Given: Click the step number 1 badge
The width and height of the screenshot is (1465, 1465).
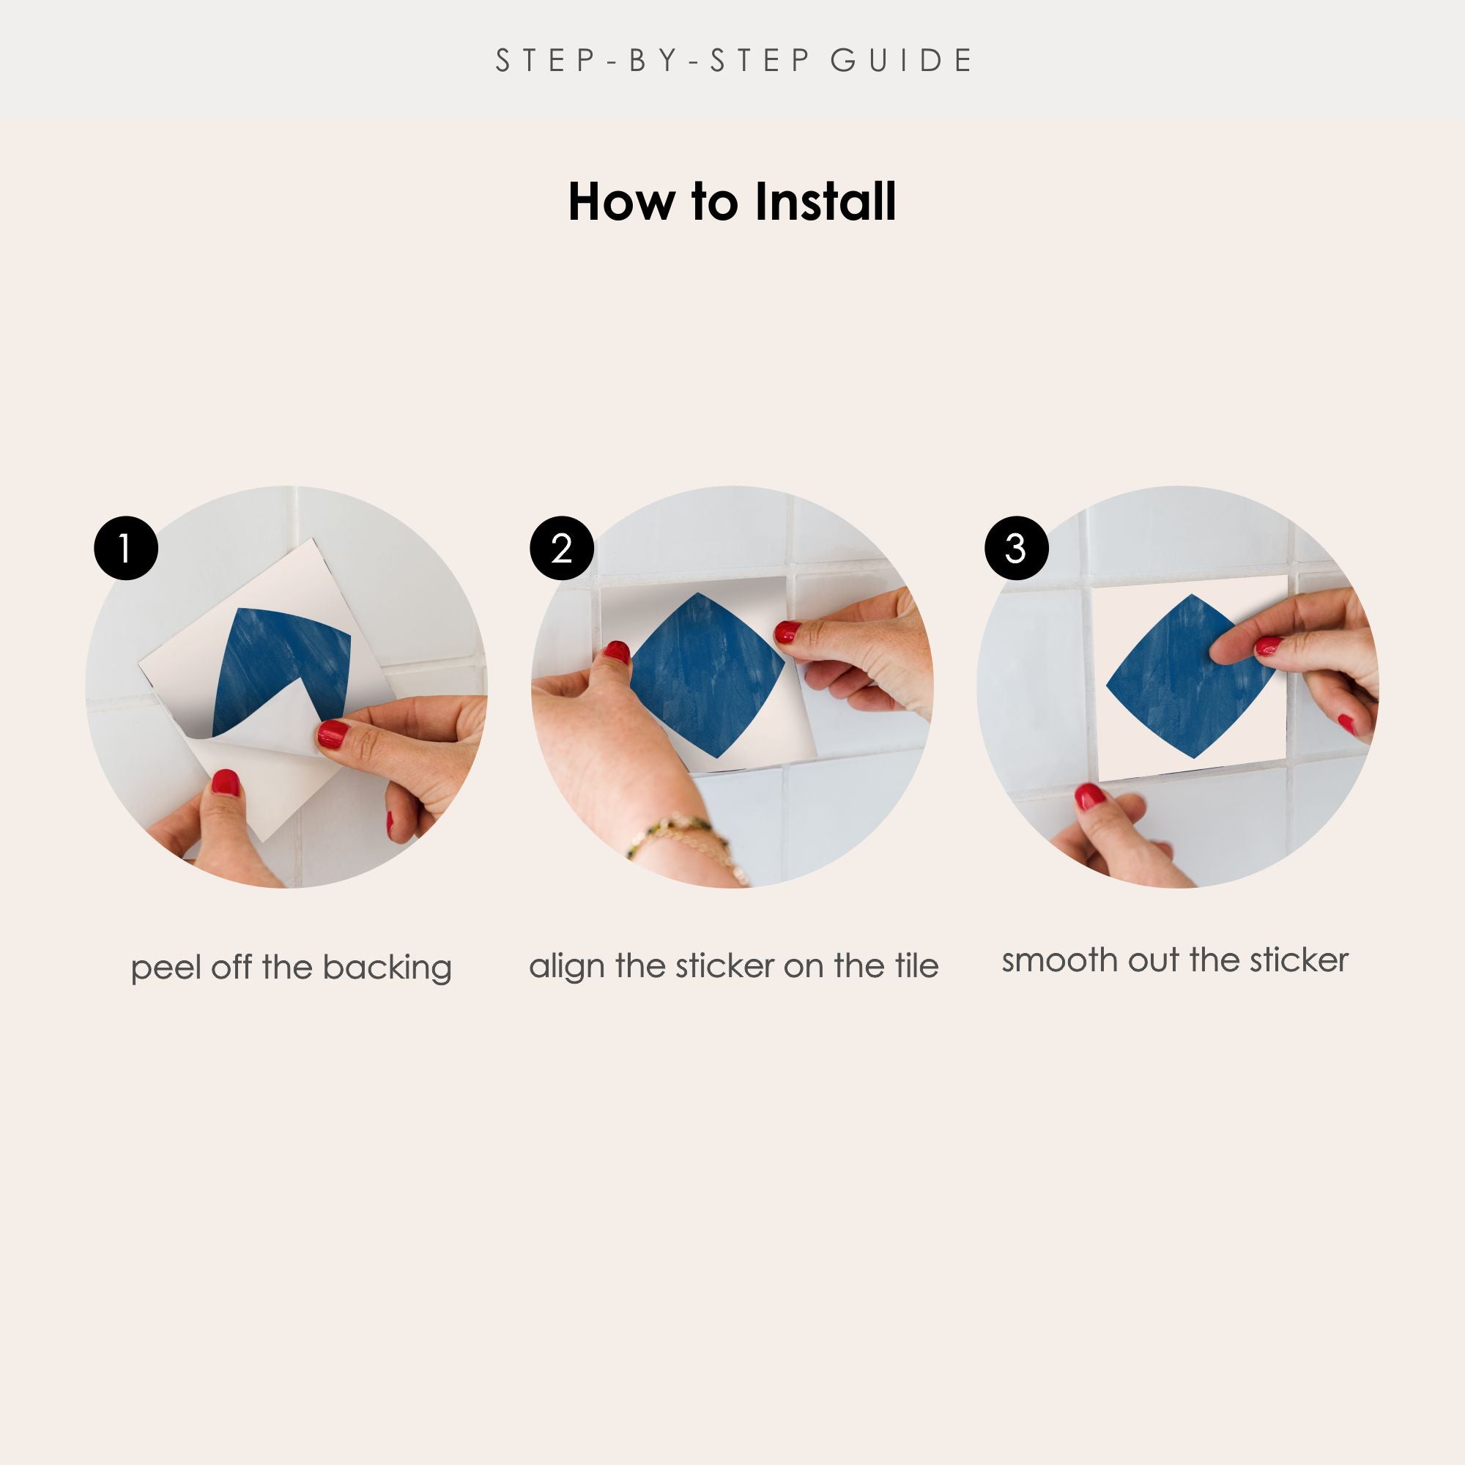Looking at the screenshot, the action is (x=126, y=548).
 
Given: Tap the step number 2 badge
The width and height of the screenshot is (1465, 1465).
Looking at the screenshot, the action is (x=562, y=548).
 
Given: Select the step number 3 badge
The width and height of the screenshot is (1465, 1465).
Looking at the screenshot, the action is (x=1016, y=548).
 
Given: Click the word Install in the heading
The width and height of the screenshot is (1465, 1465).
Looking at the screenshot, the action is (x=825, y=201).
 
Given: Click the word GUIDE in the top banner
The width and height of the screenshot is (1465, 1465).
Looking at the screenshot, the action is (x=901, y=61).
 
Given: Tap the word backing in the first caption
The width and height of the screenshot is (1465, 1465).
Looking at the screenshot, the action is (x=387, y=968).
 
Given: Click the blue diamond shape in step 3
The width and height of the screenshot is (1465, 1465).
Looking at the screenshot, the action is (x=1183, y=677).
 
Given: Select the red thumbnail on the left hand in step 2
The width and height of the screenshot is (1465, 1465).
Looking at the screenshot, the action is (x=617, y=652).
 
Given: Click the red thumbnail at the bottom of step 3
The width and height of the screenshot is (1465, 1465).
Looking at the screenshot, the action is (x=1090, y=796).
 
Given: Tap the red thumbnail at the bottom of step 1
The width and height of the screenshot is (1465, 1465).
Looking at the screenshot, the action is (x=225, y=782).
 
